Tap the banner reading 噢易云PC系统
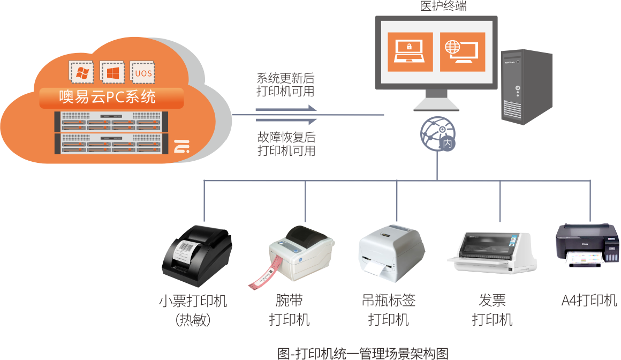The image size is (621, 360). point(111,97)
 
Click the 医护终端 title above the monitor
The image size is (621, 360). point(436,6)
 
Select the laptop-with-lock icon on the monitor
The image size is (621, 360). point(410,52)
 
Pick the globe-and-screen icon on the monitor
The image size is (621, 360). point(463,52)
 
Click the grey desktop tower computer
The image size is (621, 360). point(526,87)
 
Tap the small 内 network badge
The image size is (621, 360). point(447,144)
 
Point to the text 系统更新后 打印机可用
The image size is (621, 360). point(286,84)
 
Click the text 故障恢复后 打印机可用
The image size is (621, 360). point(286,143)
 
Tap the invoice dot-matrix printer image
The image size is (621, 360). point(491,252)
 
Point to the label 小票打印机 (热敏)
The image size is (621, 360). point(193,310)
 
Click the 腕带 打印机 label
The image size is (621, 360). point(289,310)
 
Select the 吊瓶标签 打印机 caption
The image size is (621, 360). point(389,310)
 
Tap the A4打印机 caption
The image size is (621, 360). point(589,301)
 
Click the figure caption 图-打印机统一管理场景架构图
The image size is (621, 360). point(362,353)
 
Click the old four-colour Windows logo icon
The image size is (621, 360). point(82,72)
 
